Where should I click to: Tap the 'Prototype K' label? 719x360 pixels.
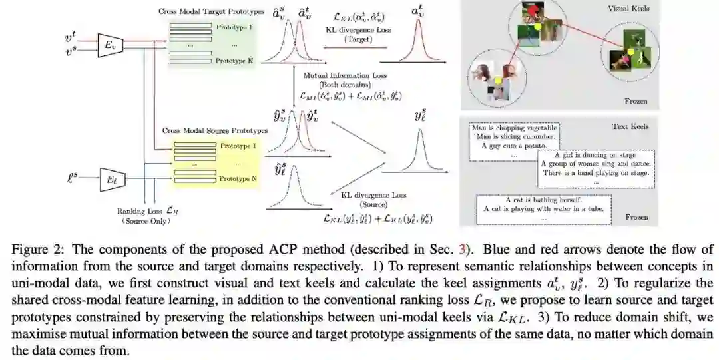234,61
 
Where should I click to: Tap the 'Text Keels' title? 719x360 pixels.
630,126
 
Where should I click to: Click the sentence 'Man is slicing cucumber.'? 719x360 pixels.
513,136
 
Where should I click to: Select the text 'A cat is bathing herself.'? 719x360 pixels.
543,200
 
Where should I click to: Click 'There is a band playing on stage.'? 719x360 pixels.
595,173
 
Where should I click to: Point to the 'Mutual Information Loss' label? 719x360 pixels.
345,75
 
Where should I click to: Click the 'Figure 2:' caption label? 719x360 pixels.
34,250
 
